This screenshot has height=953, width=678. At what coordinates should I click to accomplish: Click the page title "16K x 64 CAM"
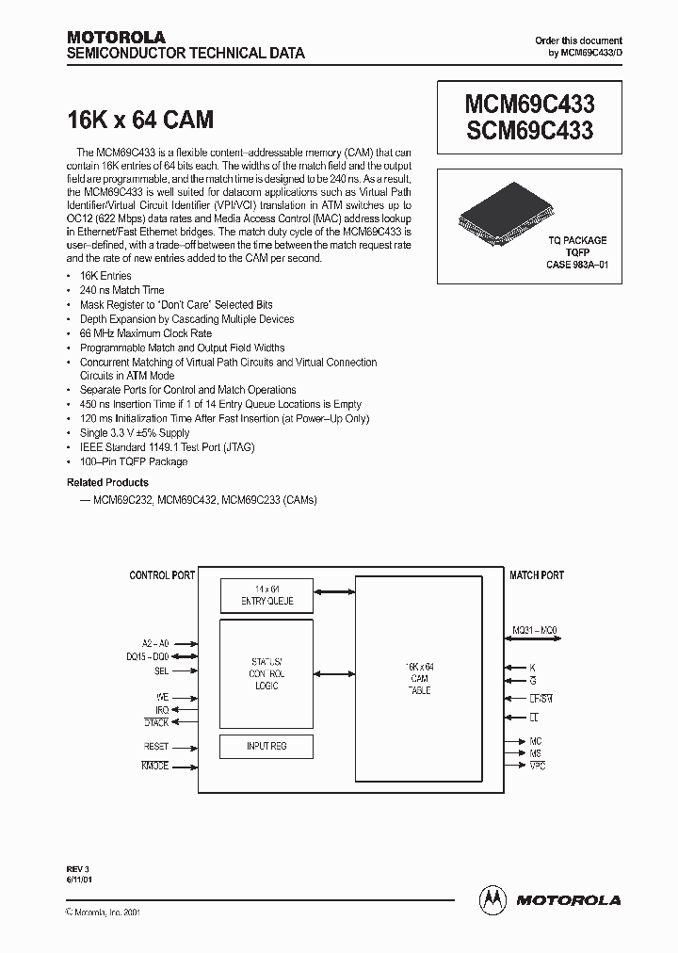pyautogui.click(x=140, y=120)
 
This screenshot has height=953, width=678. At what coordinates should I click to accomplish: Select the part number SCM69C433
pyautogui.click(x=529, y=130)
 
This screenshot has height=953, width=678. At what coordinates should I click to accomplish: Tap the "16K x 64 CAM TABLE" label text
pyautogui.click(x=420, y=678)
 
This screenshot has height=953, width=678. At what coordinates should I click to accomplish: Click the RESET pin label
pyautogui.click(x=156, y=746)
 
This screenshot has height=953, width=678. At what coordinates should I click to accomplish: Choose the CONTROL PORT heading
pyautogui.click(x=163, y=574)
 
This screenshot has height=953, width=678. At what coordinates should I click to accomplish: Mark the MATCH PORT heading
pyautogui.click(x=537, y=574)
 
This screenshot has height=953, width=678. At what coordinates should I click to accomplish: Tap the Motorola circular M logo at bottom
pyautogui.click(x=492, y=899)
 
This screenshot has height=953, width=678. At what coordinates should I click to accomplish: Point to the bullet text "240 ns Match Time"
pyautogui.click(x=122, y=290)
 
